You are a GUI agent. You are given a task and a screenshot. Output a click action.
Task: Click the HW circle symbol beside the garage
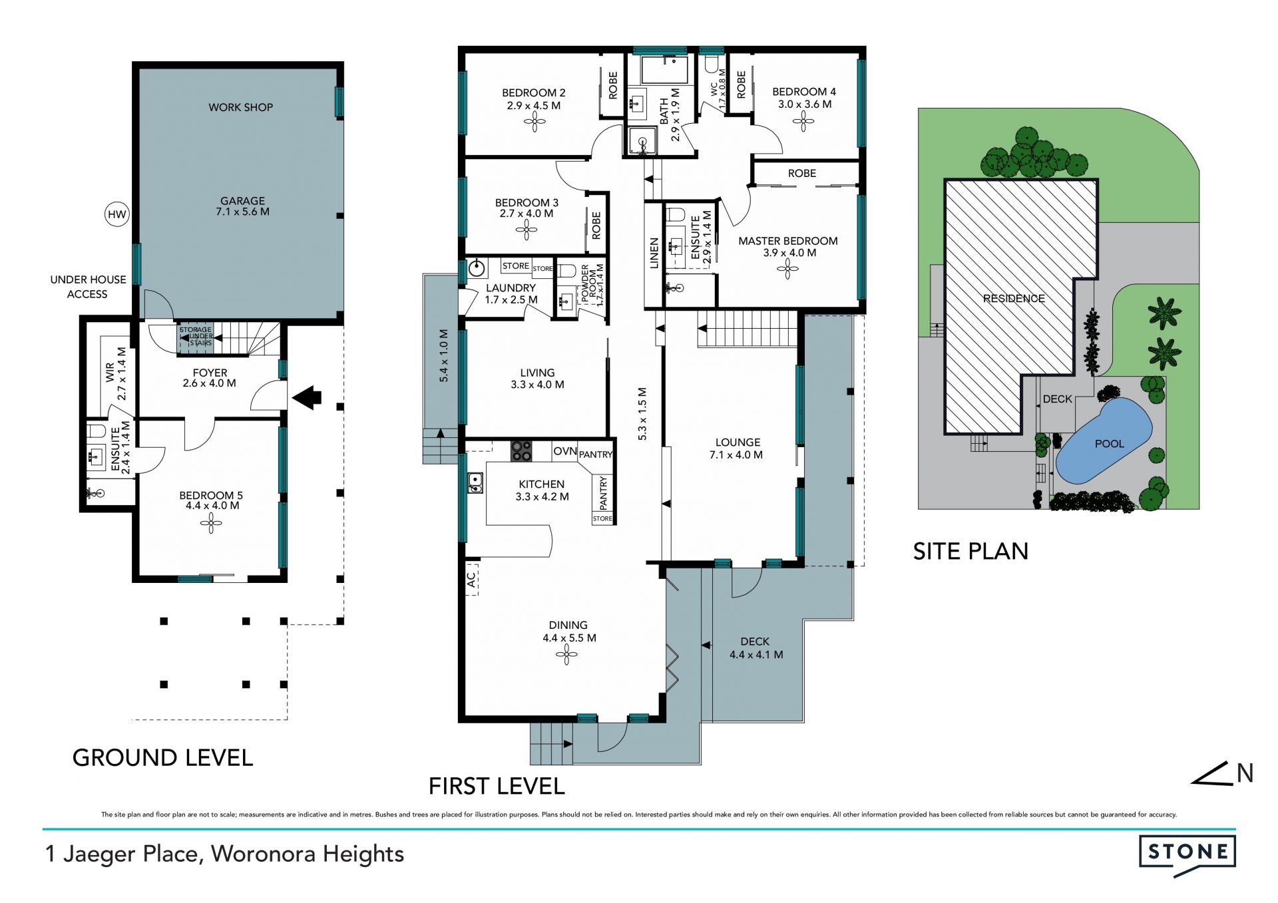[117, 214]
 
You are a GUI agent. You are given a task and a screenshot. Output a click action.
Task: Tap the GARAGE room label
[243, 200]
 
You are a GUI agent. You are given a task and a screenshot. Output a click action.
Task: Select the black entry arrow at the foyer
[307, 397]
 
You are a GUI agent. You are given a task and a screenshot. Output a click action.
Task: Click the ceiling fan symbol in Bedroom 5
[211, 524]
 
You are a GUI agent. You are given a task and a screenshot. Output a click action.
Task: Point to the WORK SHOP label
[241, 107]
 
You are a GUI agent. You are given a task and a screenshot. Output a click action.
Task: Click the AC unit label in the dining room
[471, 580]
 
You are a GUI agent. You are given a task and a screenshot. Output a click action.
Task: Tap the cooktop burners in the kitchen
[521, 451]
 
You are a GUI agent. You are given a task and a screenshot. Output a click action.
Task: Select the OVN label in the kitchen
[564, 451]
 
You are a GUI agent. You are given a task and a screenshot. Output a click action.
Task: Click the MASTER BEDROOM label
[788, 241]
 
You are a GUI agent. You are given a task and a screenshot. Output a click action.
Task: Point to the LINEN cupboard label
[654, 253]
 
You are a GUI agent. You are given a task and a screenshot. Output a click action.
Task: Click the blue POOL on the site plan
[1104, 441]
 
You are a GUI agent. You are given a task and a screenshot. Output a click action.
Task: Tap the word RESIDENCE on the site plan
[1014, 299]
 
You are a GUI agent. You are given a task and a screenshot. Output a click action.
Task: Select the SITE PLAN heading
[970, 551]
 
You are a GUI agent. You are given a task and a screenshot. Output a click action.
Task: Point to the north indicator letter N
[1245, 773]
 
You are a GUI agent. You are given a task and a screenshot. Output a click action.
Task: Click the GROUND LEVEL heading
[162, 758]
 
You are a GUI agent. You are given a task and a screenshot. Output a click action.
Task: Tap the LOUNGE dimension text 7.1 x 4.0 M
[736, 455]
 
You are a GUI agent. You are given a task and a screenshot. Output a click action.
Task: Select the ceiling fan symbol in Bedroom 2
[534, 122]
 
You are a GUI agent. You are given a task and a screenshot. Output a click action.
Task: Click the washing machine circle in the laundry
[477, 269]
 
